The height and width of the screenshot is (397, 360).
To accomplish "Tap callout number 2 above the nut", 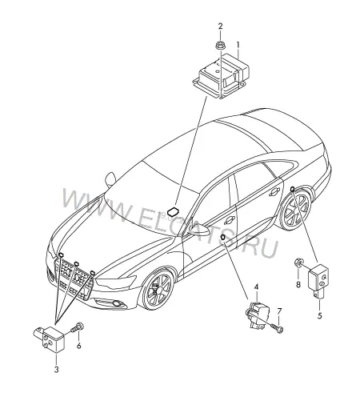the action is click(220, 26).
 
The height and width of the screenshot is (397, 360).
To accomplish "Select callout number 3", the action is click(57, 370).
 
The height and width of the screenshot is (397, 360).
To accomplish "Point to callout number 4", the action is click(256, 287).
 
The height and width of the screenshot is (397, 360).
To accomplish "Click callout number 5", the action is click(320, 315).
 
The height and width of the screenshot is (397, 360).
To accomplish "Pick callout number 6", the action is click(78, 346).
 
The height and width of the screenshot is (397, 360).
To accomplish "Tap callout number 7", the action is click(279, 311).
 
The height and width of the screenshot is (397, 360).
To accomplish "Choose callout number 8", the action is click(298, 284).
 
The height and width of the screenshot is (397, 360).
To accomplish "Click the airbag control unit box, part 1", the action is click(222, 76).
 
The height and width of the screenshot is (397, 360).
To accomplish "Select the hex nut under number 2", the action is click(220, 46).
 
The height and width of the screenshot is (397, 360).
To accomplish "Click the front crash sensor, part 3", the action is click(50, 339).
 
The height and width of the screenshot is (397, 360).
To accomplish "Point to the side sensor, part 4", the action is click(258, 314).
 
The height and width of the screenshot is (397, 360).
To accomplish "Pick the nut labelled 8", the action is click(298, 263).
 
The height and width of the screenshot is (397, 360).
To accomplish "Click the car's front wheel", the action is click(158, 290).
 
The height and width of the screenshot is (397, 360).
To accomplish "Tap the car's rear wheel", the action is click(295, 210).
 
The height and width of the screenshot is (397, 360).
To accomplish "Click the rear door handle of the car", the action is click(274, 192).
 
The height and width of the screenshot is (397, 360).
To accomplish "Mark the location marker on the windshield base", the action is click(174, 211).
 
